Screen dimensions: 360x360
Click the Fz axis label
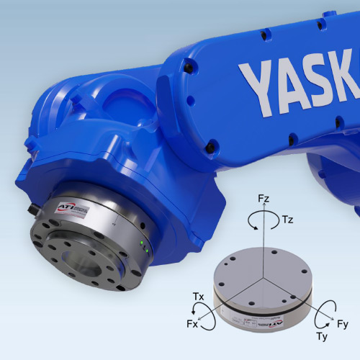point(265,197)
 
